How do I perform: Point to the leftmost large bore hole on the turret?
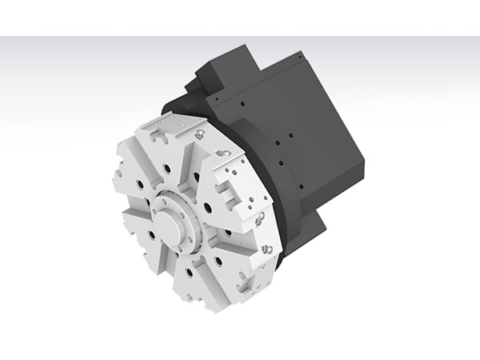141,186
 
